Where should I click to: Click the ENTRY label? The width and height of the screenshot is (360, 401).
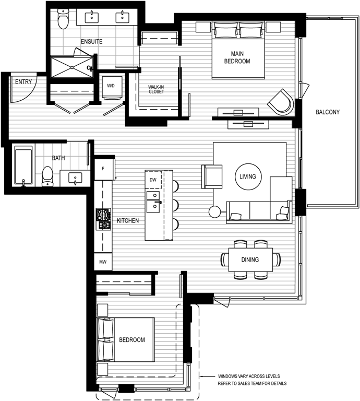[23, 81]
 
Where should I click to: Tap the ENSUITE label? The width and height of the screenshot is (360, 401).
[91, 41]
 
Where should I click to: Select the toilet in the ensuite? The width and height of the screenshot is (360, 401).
[63, 20]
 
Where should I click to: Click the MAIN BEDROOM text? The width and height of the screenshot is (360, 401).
[237, 57]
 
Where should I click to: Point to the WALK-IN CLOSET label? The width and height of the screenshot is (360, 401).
[155, 90]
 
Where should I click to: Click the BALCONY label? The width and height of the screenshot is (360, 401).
[328, 112]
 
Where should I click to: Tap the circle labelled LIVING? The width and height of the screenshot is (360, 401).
[248, 176]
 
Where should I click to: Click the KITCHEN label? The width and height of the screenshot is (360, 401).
[128, 221]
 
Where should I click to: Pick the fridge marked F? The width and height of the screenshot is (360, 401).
[103, 169]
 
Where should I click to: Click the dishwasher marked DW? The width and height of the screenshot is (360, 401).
[152, 180]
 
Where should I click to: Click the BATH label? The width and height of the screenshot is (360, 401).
[58, 158]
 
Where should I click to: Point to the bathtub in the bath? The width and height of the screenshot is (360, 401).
[23, 164]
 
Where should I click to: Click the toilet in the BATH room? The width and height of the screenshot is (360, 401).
[47, 176]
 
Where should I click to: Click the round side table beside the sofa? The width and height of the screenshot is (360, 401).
[214, 212]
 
